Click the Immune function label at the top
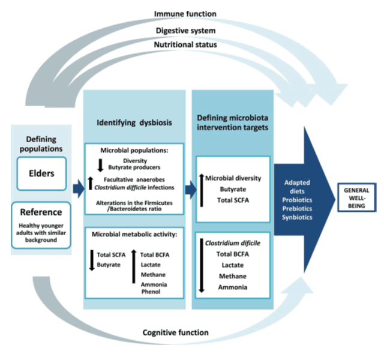pos(185,13)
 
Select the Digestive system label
pos(185,30)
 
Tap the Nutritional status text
pos(185,44)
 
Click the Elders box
pos(41,174)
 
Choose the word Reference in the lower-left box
pos(41,212)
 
